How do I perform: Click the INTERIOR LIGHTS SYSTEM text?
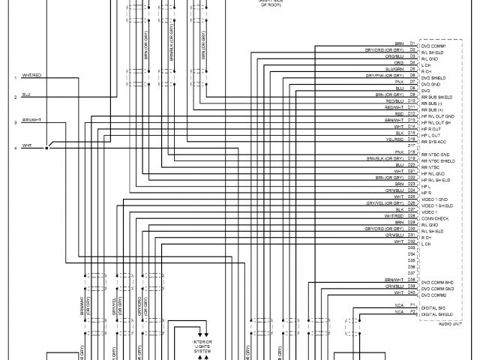(x=202, y=344)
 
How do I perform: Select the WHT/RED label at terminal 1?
(x=31, y=76)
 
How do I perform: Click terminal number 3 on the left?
(x=14, y=122)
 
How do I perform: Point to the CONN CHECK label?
(x=436, y=217)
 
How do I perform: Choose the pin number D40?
(x=412, y=292)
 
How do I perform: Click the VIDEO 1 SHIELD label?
(x=436, y=205)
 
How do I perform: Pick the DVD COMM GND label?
(x=439, y=286)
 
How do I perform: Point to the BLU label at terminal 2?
(x=26, y=94)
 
